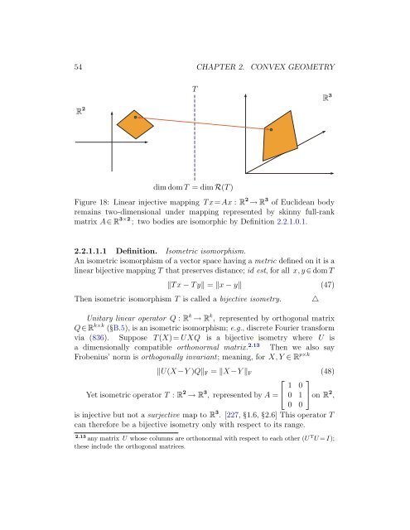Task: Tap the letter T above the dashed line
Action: click(194, 89)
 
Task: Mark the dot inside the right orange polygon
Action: click(270, 129)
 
